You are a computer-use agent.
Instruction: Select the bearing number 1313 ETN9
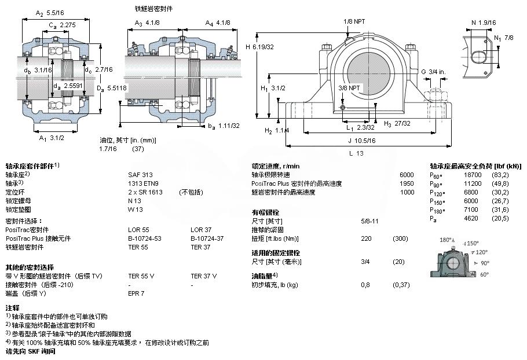pos(141,183)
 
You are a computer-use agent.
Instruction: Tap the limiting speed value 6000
pos(407,174)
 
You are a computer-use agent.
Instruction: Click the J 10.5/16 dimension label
pos(362,139)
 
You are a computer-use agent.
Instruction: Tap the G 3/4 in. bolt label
pos(433,72)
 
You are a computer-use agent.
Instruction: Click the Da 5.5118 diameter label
pos(108,89)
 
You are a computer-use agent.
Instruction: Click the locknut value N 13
pos(135,200)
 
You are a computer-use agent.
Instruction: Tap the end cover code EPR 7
pos(136,293)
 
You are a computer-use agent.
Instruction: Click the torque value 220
pos(365,238)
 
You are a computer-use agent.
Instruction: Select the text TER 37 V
pos(203,276)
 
